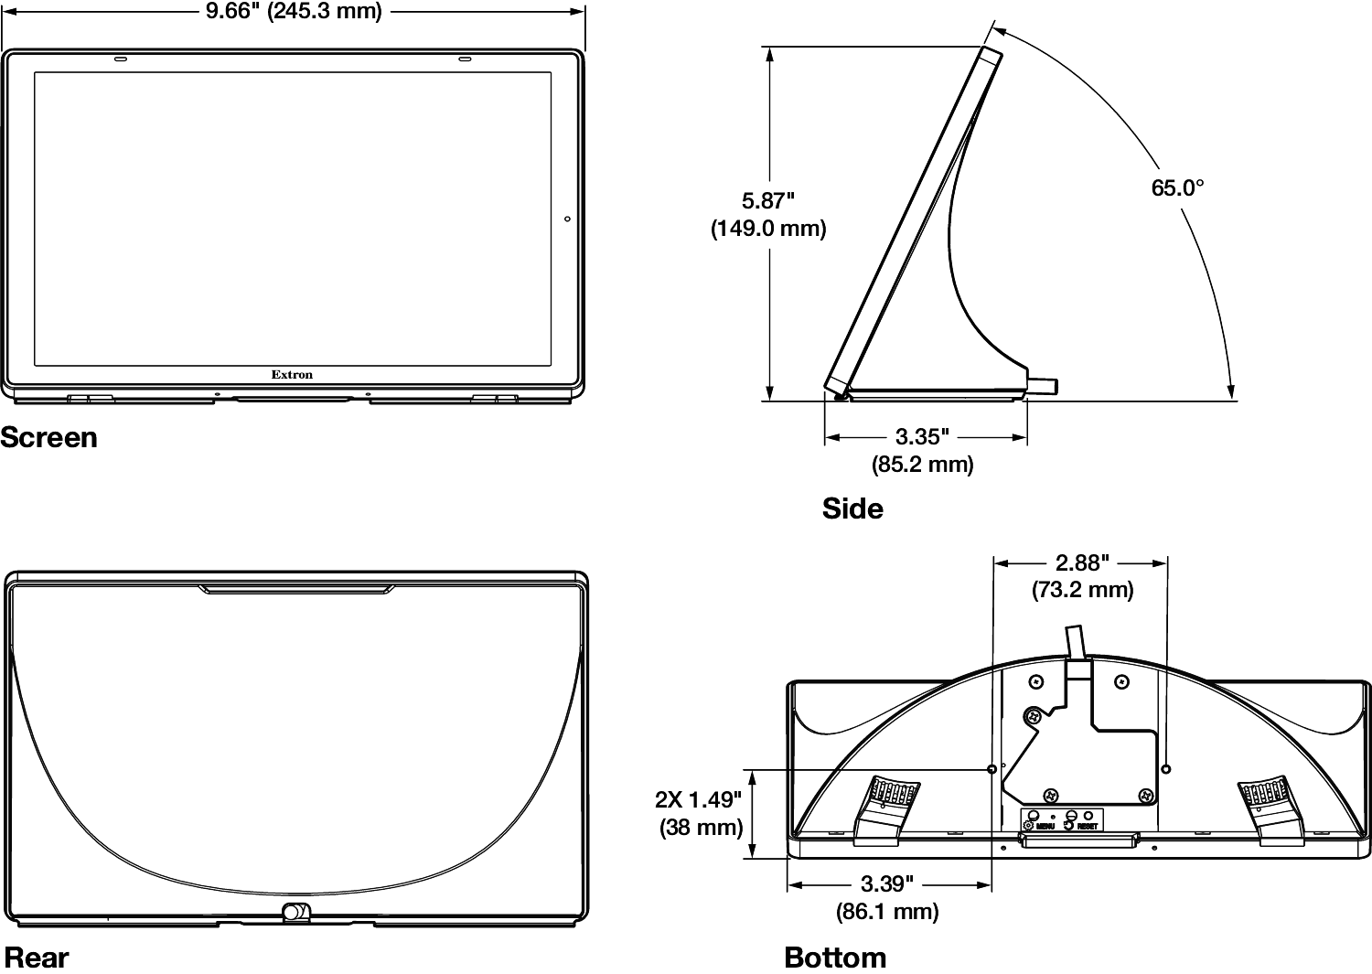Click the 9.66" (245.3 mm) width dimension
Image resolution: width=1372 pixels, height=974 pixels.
294,11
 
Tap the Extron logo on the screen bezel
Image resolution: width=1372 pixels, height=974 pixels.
292,374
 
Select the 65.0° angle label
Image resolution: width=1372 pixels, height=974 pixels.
1177,187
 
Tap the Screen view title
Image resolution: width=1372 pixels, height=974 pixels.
49,437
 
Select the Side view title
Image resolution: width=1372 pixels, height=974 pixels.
852,508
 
